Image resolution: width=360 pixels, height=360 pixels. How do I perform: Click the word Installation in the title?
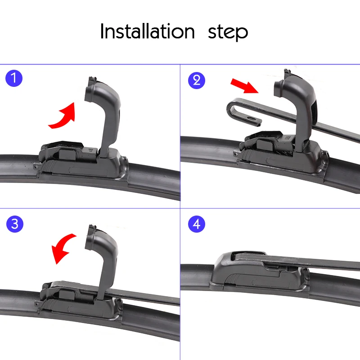tap(148, 31)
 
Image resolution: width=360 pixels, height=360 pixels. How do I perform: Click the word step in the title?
tap(228, 32)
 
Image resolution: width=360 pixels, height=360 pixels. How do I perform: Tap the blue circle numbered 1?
tap(14, 78)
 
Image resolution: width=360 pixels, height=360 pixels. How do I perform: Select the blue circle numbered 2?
tap(197, 81)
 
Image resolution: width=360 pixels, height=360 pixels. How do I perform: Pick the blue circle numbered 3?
tap(15, 224)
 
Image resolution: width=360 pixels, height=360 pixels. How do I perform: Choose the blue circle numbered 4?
tap(197, 224)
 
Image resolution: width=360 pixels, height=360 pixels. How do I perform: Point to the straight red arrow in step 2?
tap(245, 86)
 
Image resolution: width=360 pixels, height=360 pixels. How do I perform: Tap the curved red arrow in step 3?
tap(62, 247)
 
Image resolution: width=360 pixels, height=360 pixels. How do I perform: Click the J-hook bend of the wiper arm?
tap(231, 110)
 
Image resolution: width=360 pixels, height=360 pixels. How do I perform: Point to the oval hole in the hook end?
tap(252, 119)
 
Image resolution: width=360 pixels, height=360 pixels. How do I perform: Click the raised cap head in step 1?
tap(101, 92)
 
